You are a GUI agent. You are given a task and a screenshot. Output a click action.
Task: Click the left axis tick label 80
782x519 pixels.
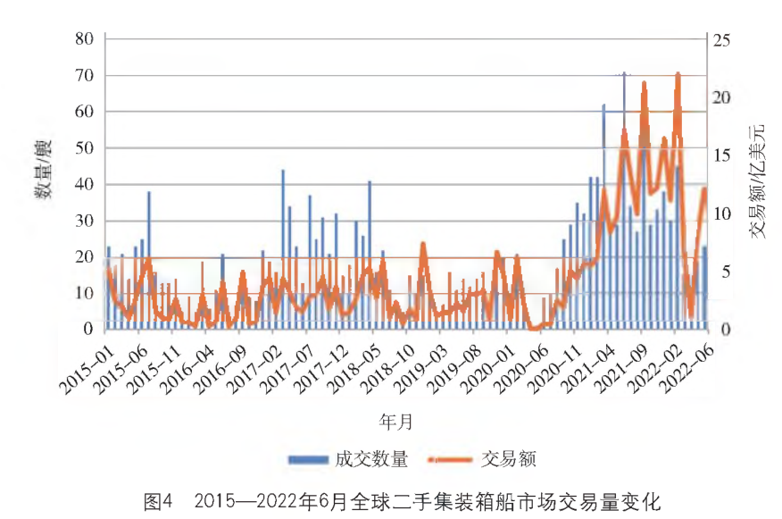pos(84,38)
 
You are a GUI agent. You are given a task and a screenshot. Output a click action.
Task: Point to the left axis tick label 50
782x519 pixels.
pos(84,147)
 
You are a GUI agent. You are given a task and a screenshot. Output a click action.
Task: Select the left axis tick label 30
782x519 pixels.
pos(84,221)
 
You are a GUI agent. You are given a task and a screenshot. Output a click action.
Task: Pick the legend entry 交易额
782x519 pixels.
pos(507,459)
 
